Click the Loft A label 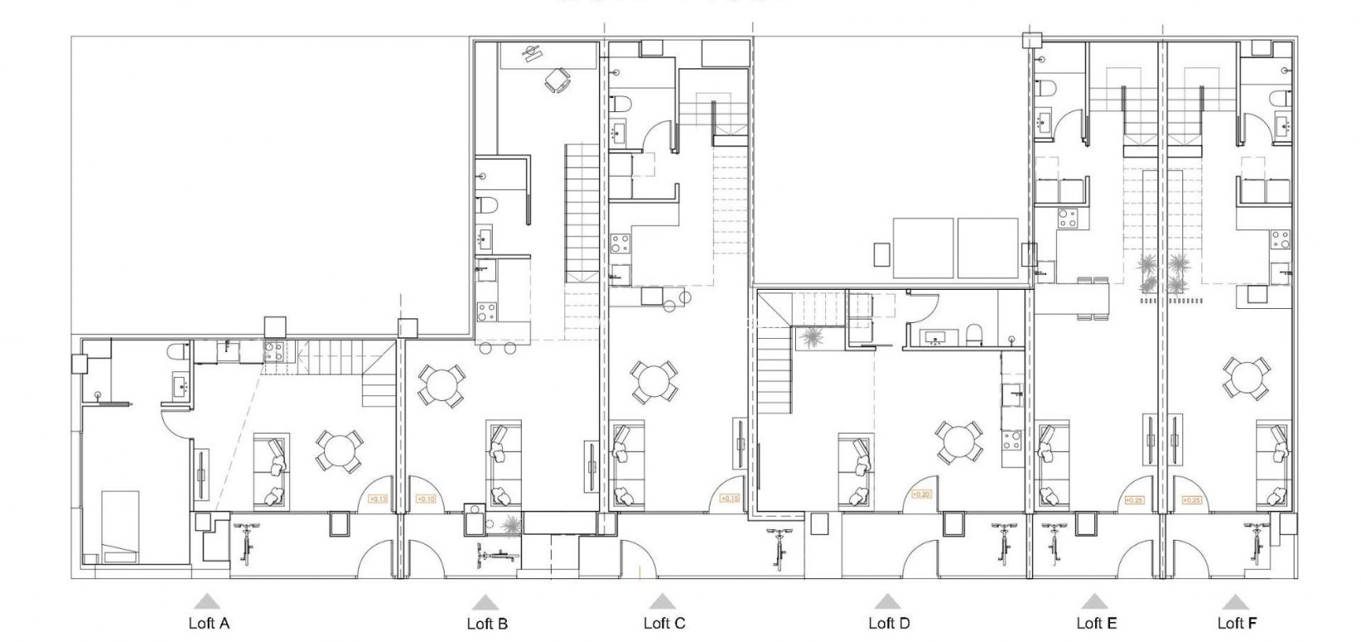pyautogui.click(x=208, y=624)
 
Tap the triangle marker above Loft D pyautogui.click(x=887, y=601)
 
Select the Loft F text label pyautogui.click(x=1236, y=623)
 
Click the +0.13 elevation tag pyautogui.click(x=377, y=499)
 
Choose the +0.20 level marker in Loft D pyautogui.click(x=921, y=494)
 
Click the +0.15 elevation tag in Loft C pyautogui.click(x=728, y=499)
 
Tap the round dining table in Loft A pyautogui.click(x=339, y=451)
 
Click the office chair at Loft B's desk pyautogui.click(x=557, y=80)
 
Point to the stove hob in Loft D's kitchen pyautogui.click(x=1011, y=439)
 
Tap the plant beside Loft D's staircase pyautogui.click(x=809, y=339)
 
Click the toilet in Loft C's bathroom pyautogui.click(x=620, y=105)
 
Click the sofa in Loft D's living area pyautogui.click(x=856, y=469)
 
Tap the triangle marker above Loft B pyautogui.click(x=485, y=602)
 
